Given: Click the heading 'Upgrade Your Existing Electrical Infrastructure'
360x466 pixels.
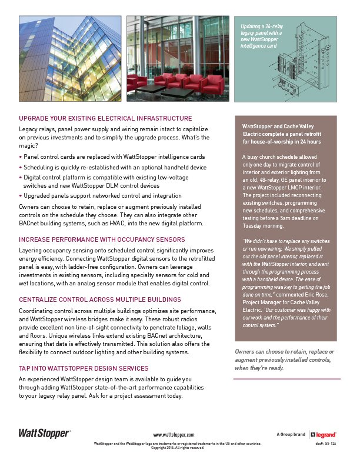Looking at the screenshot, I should (105, 118).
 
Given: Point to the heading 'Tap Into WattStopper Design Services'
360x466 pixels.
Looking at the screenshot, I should (84, 368).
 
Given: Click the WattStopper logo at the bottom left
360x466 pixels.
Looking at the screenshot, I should (45, 433).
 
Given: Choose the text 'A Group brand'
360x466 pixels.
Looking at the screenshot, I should (291, 434).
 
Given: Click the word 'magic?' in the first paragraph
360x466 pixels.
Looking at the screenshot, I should (29, 147).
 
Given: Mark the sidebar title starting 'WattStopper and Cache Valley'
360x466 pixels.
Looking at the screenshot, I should (281, 134).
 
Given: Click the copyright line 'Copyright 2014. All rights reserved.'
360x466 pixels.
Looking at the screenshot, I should (178, 448).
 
